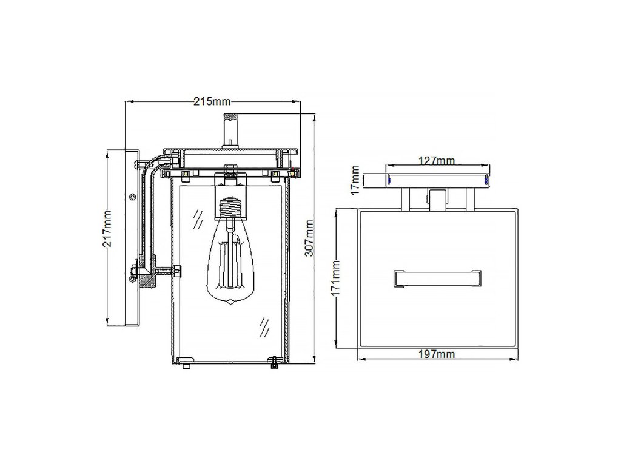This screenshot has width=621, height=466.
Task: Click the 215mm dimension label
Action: point(212,101)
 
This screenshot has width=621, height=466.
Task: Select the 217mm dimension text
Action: point(107,229)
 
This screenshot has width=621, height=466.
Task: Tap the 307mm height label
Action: point(309,238)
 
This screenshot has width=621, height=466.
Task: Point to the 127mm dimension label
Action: point(437,161)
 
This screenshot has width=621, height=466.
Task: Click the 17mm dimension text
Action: point(355,180)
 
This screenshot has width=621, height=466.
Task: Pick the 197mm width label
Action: point(437,354)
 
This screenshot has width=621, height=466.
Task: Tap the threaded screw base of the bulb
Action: point(230,208)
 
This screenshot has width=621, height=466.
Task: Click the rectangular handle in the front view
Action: point(437,279)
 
